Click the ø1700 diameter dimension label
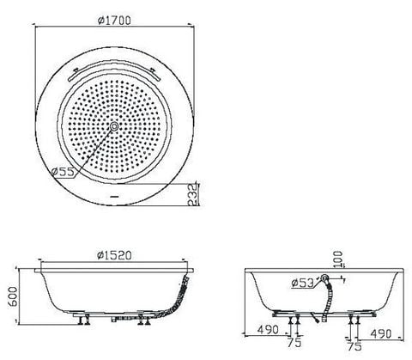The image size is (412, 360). tap(114, 21)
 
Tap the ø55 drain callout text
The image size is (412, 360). tap(64, 172)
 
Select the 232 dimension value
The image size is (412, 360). tap(193, 194)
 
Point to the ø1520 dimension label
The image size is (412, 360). tap(114, 255)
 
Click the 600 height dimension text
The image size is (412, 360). tap(13, 296)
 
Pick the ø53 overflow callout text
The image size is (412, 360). tap(303, 283)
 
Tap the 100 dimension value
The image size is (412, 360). tap(338, 259)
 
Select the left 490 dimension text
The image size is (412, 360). tap(268, 330)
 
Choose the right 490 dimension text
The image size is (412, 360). tap(381, 333)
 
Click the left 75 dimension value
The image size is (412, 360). tap(294, 343)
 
